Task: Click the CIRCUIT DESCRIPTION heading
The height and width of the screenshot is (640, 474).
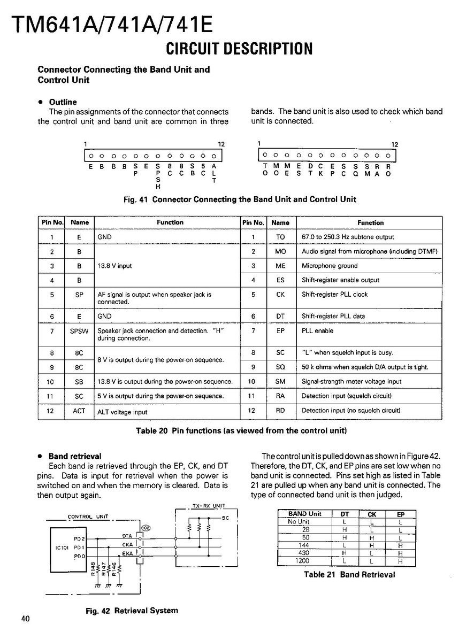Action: point(239,49)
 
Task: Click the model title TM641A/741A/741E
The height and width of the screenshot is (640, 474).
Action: point(112,24)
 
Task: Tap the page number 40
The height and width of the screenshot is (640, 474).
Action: point(26,619)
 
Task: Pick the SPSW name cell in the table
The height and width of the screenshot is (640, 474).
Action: point(79,331)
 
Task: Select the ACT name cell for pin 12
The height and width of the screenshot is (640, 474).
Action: point(79,411)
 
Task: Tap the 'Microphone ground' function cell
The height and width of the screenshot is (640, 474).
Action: point(330,266)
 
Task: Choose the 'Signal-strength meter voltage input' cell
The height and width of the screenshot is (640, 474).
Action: point(351,382)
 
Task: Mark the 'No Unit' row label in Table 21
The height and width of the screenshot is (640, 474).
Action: point(299,522)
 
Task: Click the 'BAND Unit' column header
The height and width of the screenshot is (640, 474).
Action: point(304,514)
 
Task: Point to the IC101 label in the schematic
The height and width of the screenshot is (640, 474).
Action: point(61,548)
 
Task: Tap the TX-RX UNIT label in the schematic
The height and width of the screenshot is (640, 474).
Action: point(209,506)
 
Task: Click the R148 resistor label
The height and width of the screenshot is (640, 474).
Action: point(93,568)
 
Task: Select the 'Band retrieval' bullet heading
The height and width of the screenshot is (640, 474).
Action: point(74,457)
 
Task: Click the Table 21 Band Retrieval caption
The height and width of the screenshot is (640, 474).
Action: point(349,575)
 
